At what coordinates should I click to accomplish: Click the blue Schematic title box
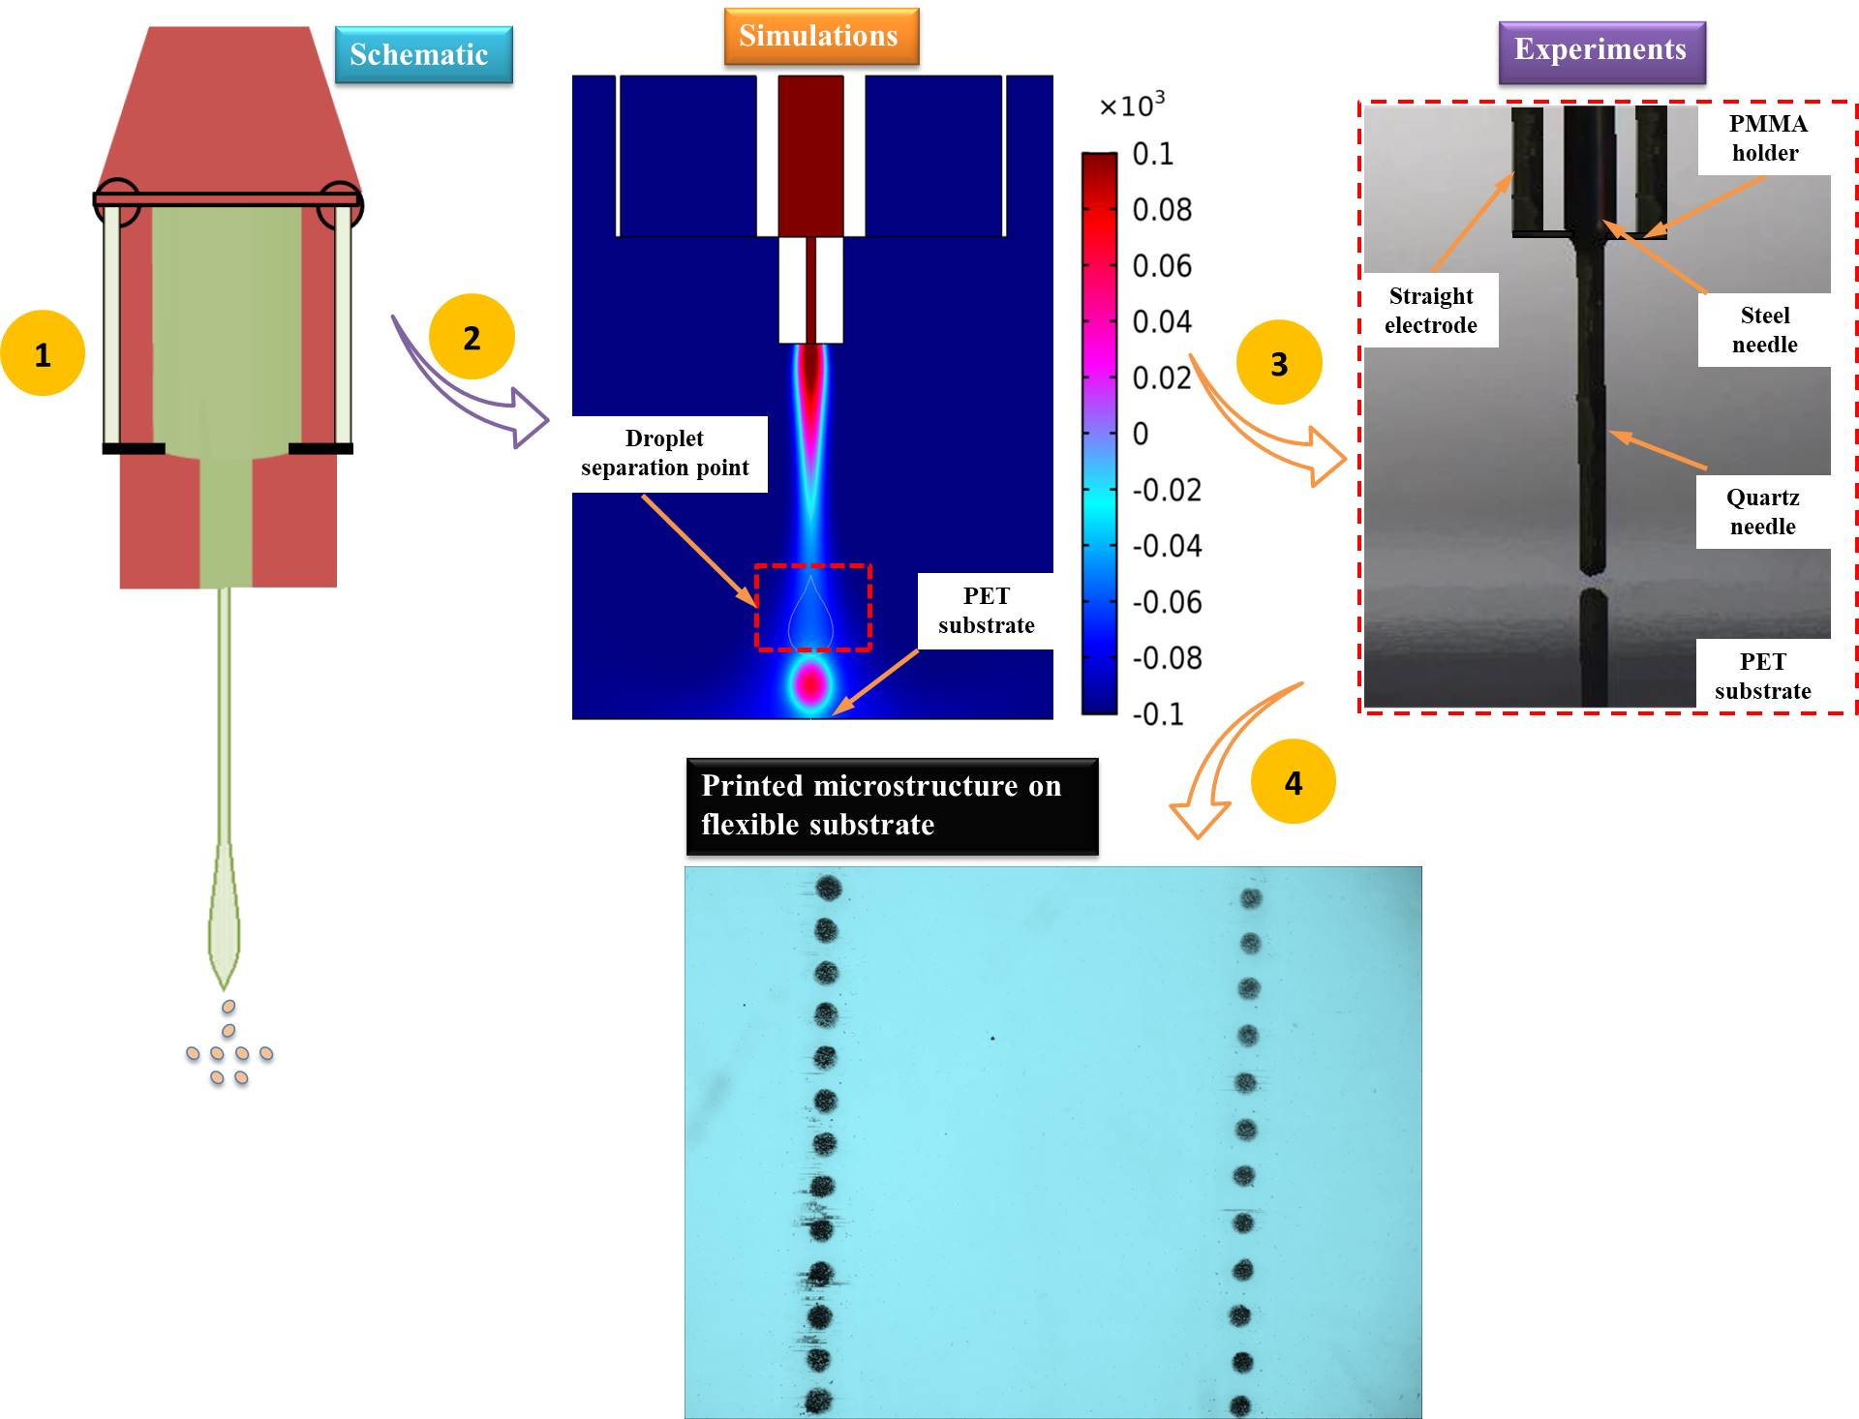pyautogui.click(x=423, y=55)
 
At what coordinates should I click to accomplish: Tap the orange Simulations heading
pyautogui.click(x=820, y=37)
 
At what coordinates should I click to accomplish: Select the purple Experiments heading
pyautogui.click(x=1600, y=50)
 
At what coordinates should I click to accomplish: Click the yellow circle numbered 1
pyautogui.click(x=43, y=354)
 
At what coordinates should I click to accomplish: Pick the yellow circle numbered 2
pyautogui.click(x=472, y=337)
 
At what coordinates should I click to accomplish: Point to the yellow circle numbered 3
pyautogui.click(x=1279, y=363)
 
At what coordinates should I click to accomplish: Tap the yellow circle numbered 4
pyautogui.click(x=1293, y=782)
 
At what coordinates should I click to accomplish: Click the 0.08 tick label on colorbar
pyautogui.click(x=1162, y=210)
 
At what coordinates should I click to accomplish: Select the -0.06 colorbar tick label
pyautogui.click(x=1167, y=602)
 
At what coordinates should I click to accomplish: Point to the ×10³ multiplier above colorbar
pyautogui.click(x=1132, y=105)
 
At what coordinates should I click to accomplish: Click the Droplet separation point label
pyautogui.click(x=666, y=453)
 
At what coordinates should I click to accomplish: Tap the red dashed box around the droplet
pyautogui.click(x=813, y=567)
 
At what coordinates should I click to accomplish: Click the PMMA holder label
pyautogui.click(x=1766, y=138)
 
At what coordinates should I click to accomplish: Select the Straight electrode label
pyautogui.click(x=1430, y=310)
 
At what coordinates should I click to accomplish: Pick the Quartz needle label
pyautogui.click(x=1763, y=511)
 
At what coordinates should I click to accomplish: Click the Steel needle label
pyautogui.click(x=1764, y=329)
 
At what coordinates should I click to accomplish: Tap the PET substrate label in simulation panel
pyautogui.click(x=986, y=610)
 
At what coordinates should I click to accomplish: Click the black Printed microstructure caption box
pyautogui.click(x=892, y=805)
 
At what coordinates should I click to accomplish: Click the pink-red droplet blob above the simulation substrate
pyautogui.click(x=810, y=683)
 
